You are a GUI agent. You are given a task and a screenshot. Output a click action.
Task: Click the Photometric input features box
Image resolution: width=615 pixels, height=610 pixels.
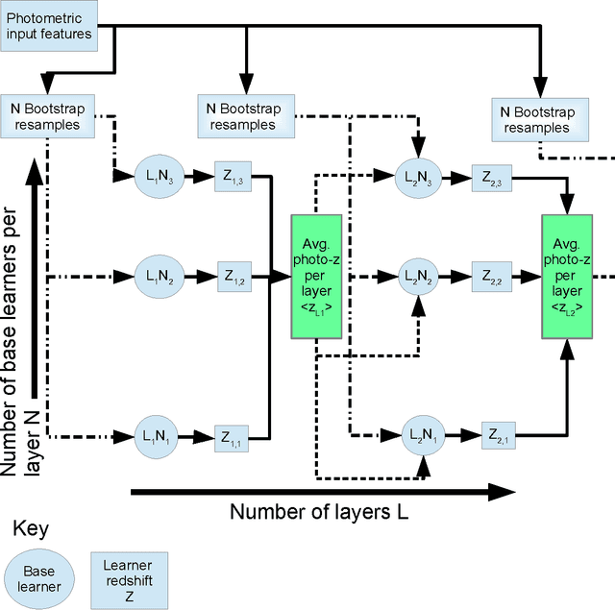pos(49,26)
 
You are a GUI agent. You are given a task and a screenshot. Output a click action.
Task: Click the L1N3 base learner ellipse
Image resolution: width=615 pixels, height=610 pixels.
pos(159,177)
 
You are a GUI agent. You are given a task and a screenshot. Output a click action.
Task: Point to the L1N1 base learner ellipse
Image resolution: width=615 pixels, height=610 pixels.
pos(159,435)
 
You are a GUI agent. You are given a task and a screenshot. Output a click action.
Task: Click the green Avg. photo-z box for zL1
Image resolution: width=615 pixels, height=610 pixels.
pos(316,276)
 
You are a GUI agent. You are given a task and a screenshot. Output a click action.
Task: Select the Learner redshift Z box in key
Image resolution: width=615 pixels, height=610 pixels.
pos(127,576)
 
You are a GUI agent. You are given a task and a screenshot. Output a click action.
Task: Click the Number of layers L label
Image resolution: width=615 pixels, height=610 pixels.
pos(319,511)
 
